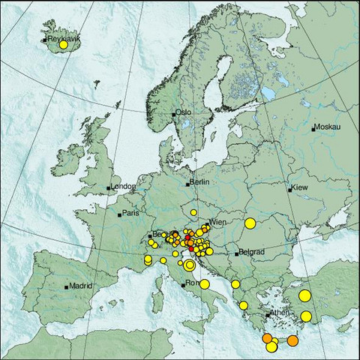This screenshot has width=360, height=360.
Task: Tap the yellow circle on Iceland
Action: [64, 45]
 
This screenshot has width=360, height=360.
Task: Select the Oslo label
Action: [184, 112]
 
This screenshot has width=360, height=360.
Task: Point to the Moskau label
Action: [327, 127]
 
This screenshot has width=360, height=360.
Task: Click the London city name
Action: [123, 186]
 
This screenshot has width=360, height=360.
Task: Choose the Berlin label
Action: [199, 182]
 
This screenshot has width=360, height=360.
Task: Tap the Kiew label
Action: [300, 187]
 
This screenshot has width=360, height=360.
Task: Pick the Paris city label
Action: [131, 213]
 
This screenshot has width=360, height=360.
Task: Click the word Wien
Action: [217, 222]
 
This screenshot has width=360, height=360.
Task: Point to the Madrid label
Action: [80, 285]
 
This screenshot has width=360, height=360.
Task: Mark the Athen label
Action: [279, 313]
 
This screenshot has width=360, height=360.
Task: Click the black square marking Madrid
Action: [67, 286]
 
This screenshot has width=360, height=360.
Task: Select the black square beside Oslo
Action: [174, 114]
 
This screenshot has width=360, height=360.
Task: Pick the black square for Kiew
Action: [289, 188]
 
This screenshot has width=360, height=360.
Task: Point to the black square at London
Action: [109, 187]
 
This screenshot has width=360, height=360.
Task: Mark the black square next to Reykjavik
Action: [44, 39]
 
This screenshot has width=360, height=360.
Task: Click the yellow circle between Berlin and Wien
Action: [193, 212]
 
